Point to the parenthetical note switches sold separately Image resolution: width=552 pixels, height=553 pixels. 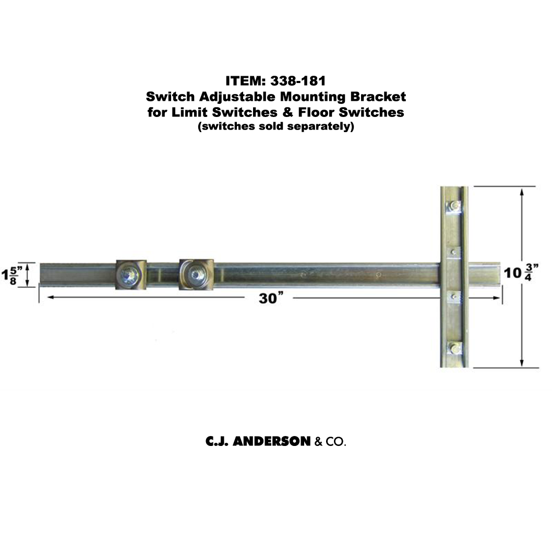275,126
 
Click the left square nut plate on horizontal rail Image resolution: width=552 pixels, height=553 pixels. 130,274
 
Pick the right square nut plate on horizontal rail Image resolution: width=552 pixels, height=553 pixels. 197,274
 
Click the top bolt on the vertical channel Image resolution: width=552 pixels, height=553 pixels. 454,207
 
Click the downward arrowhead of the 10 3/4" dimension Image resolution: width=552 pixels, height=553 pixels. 522,363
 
